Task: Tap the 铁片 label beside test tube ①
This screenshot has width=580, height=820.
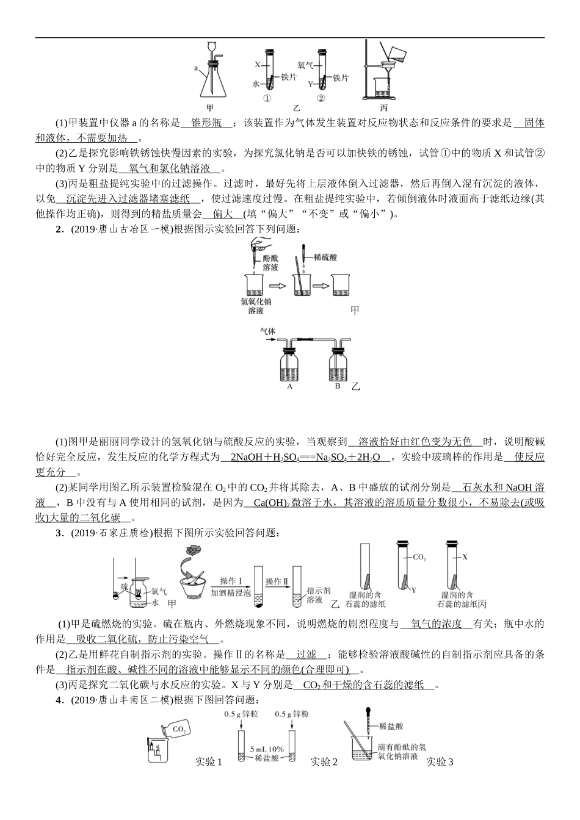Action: point(289,77)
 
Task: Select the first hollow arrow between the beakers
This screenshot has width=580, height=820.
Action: point(278,284)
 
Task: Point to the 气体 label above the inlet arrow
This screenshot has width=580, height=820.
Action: point(268,331)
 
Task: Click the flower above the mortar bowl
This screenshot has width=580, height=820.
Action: point(194,550)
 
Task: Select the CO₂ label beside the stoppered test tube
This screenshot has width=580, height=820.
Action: point(419,557)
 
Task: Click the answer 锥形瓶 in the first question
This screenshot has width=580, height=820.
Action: point(206,123)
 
